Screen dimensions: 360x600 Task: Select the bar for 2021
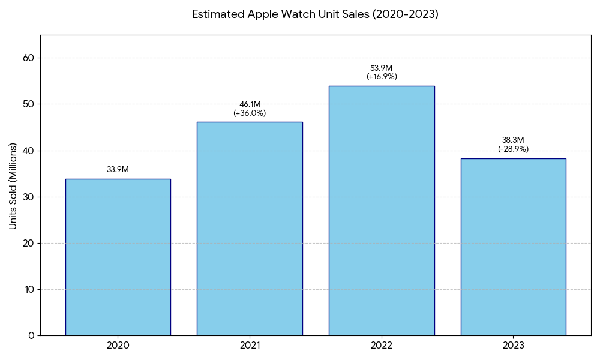[x=250, y=229]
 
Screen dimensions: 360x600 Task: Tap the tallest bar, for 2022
[x=382, y=211]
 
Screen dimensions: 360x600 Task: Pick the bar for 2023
[x=513, y=247]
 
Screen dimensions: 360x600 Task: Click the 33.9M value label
[x=118, y=170]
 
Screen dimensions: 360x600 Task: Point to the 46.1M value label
[x=250, y=104]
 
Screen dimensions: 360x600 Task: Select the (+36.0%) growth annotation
[x=250, y=113]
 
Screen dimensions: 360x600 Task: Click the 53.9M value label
[x=382, y=68]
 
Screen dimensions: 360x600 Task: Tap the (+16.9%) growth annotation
[x=382, y=77]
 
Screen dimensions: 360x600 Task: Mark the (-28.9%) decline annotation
[x=513, y=149]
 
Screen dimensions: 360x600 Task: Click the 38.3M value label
[x=513, y=140]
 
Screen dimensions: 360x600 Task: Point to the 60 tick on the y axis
[x=30, y=58]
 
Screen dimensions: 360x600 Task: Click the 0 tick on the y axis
[x=32, y=335]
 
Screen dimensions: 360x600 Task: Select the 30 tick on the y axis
[x=30, y=197]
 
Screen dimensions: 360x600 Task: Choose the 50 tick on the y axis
[x=30, y=104]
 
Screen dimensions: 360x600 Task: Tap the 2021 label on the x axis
[x=250, y=346]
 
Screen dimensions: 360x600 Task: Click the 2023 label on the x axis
[x=513, y=346]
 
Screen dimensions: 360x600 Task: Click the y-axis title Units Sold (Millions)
[x=13, y=186]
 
